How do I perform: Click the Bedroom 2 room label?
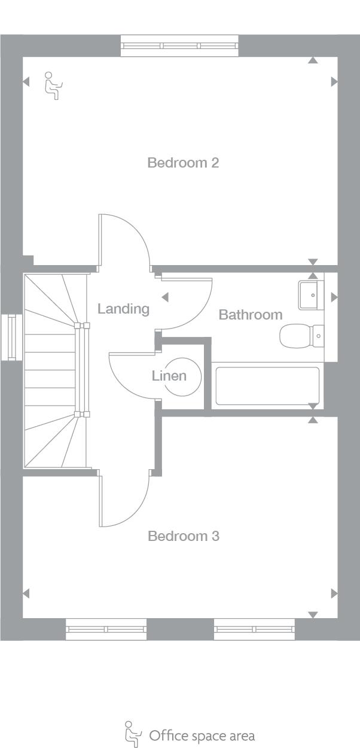[x=183, y=162]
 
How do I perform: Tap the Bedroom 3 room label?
[x=183, y=536]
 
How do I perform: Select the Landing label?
[x=123, y=309]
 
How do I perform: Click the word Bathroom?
[x=250, y=314]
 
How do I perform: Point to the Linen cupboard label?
[x=169, y=376]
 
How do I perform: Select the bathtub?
[x=267, y=386]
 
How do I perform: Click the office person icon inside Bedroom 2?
[x=53, y=86]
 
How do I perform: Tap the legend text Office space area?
[x=202, y=735]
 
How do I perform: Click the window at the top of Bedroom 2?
[x=179, y=45]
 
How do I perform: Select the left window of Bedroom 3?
[x=106, y=629]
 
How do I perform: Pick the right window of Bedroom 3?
[x=254, y=629]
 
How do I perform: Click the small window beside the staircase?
[x=10, y=337]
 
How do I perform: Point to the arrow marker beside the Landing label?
[x=165, y=297]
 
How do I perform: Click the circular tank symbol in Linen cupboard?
[x=182, y=376]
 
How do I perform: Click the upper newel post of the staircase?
[x=81, y=326]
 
